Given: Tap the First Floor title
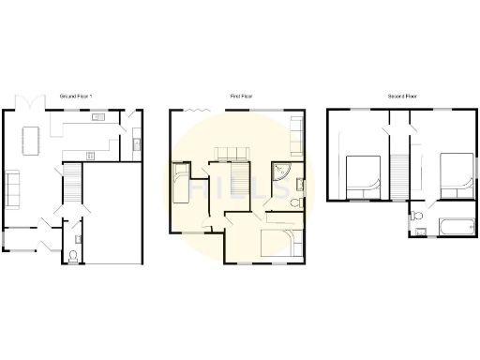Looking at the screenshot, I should [x=238, y=96].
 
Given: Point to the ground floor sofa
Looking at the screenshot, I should [x=13, y=187].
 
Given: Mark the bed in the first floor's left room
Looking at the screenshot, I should [x=182, y=184].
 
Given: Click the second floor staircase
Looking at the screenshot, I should [x=401, y=173].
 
